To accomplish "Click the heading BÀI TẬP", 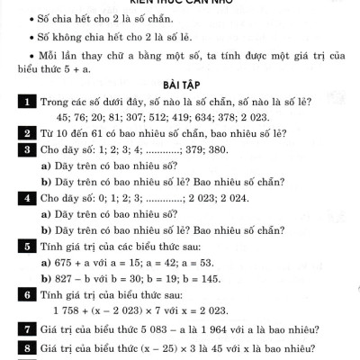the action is [x=180, y=85].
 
